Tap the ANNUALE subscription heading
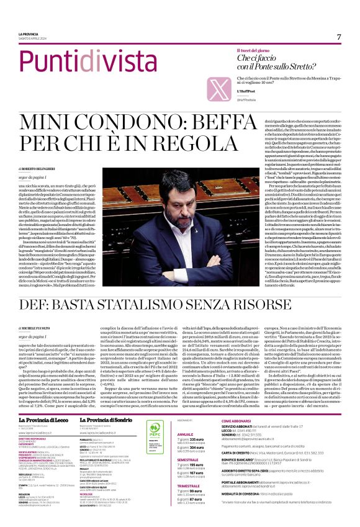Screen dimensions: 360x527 pos(187,417)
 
